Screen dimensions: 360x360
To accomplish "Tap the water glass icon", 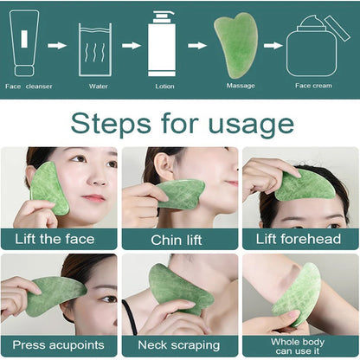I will point(94,49).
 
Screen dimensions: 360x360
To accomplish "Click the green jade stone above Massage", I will point(236,45).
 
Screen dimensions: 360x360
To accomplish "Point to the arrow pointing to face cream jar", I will point(273,46).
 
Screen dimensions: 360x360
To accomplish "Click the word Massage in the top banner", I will point(241,86).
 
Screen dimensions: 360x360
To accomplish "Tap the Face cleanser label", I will point(29,87).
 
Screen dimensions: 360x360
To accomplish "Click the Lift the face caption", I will point(57,239).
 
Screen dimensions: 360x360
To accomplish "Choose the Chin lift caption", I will point(179,239).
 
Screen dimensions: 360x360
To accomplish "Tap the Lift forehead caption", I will point(299,239).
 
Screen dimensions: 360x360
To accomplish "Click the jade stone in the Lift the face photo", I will point(50,188).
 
